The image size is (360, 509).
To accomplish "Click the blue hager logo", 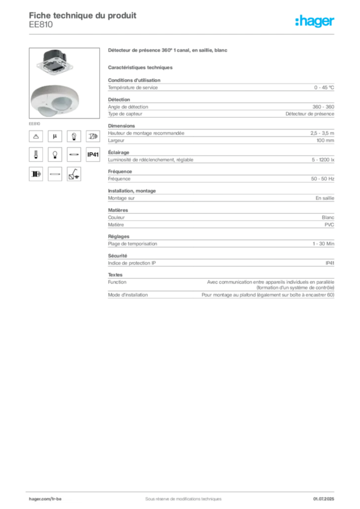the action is [316, 22].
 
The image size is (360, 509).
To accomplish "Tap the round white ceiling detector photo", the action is [56, 101].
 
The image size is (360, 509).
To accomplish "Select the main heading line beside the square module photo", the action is [169, 51].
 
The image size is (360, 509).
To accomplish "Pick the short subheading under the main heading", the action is [141, 67].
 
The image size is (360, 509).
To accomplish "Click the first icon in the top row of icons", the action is [36, 136].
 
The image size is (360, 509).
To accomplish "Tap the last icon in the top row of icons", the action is [93, 136].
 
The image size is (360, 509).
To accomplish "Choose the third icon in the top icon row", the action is [74, 136].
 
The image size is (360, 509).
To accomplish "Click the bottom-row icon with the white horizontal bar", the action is [55, 174].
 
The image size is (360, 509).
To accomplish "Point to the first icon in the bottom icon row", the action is [36, 174].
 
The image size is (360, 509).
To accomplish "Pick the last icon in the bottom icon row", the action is [74, 174].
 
